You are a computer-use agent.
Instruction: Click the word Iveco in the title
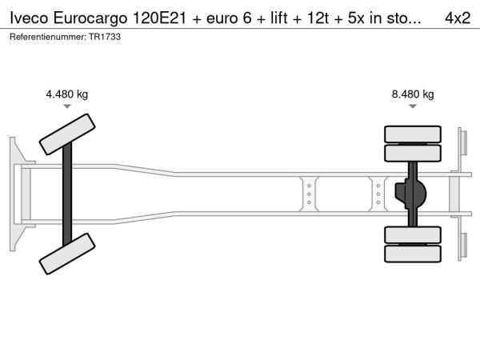click(x=29, y=18)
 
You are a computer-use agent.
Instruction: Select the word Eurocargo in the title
click(x=90, y=18)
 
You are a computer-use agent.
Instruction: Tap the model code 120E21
click(x=159, y=18)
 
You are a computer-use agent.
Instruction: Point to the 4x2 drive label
click(x=458, y=18)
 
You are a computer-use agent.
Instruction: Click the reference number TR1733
click(x=105, y=37)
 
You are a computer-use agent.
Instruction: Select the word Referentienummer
click(x=48, y=37)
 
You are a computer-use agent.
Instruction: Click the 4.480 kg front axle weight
click(x=66, y=94)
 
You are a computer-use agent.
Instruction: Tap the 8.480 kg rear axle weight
click(x=413, y=94)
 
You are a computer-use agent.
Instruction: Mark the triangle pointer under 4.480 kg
click(x=67, y=106)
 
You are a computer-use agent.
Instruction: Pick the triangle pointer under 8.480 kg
click(x=413, y=106)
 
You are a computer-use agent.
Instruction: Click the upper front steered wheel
click(x=67, y=134)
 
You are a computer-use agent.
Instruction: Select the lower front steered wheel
click(x=67, y=254)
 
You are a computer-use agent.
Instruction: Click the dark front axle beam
click(x=67, y=194)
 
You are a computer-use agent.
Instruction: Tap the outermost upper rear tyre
click(x=413, y=134)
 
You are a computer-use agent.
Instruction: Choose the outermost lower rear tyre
click(x=413, y=254)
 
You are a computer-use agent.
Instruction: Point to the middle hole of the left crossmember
click(x=309, y=194)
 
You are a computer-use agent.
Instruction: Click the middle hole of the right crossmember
click(x=378, y=194)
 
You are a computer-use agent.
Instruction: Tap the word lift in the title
click(x=279, y=18)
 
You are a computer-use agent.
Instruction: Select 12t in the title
click(x=318, y=18)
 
